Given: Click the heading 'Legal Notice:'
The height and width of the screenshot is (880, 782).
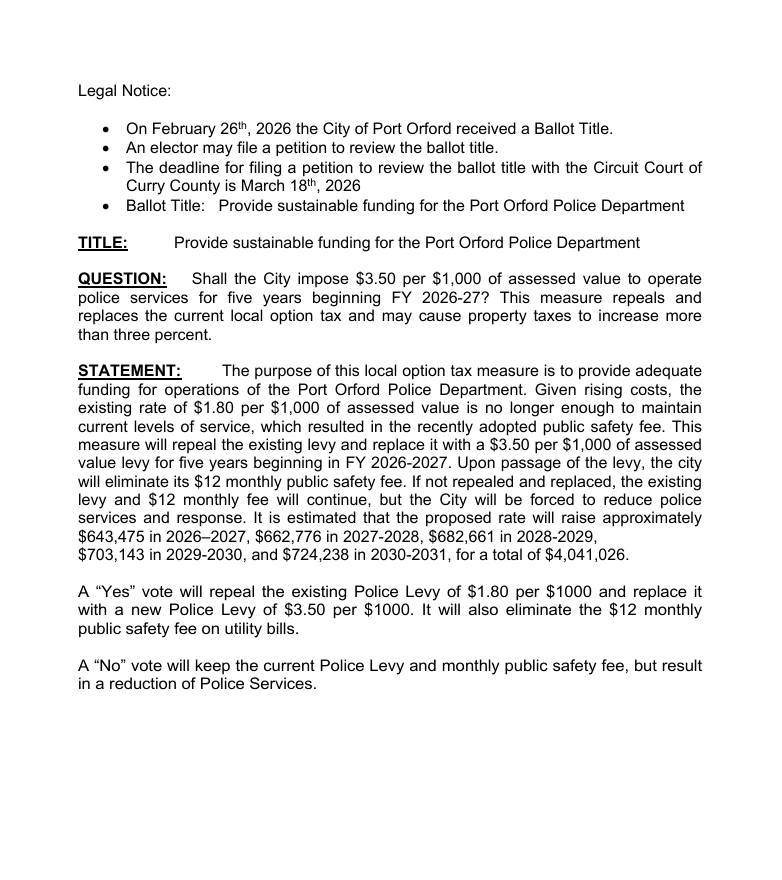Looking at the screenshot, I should [x=125, y=91].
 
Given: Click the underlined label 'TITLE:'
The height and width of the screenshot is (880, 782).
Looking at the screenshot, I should [x=103, y=242].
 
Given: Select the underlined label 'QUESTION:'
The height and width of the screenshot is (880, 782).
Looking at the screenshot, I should [x=122, y=279].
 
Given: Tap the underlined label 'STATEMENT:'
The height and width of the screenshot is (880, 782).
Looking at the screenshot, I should [x=129, y=371].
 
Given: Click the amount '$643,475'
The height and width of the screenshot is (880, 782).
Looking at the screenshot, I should [x=111, y=536].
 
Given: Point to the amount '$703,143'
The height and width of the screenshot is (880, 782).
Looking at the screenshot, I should [x=111, y=554].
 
